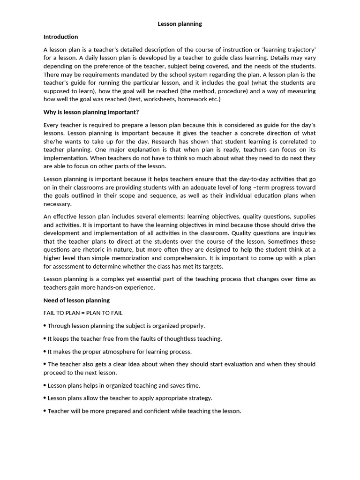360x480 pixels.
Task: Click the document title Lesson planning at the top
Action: pos(180,24)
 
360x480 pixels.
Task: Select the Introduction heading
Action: pos(60,37)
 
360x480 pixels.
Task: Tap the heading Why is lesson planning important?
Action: pos(91,112)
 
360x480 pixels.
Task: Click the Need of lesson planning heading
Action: pos(76,300)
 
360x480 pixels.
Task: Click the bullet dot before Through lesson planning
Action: pos(45,325)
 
